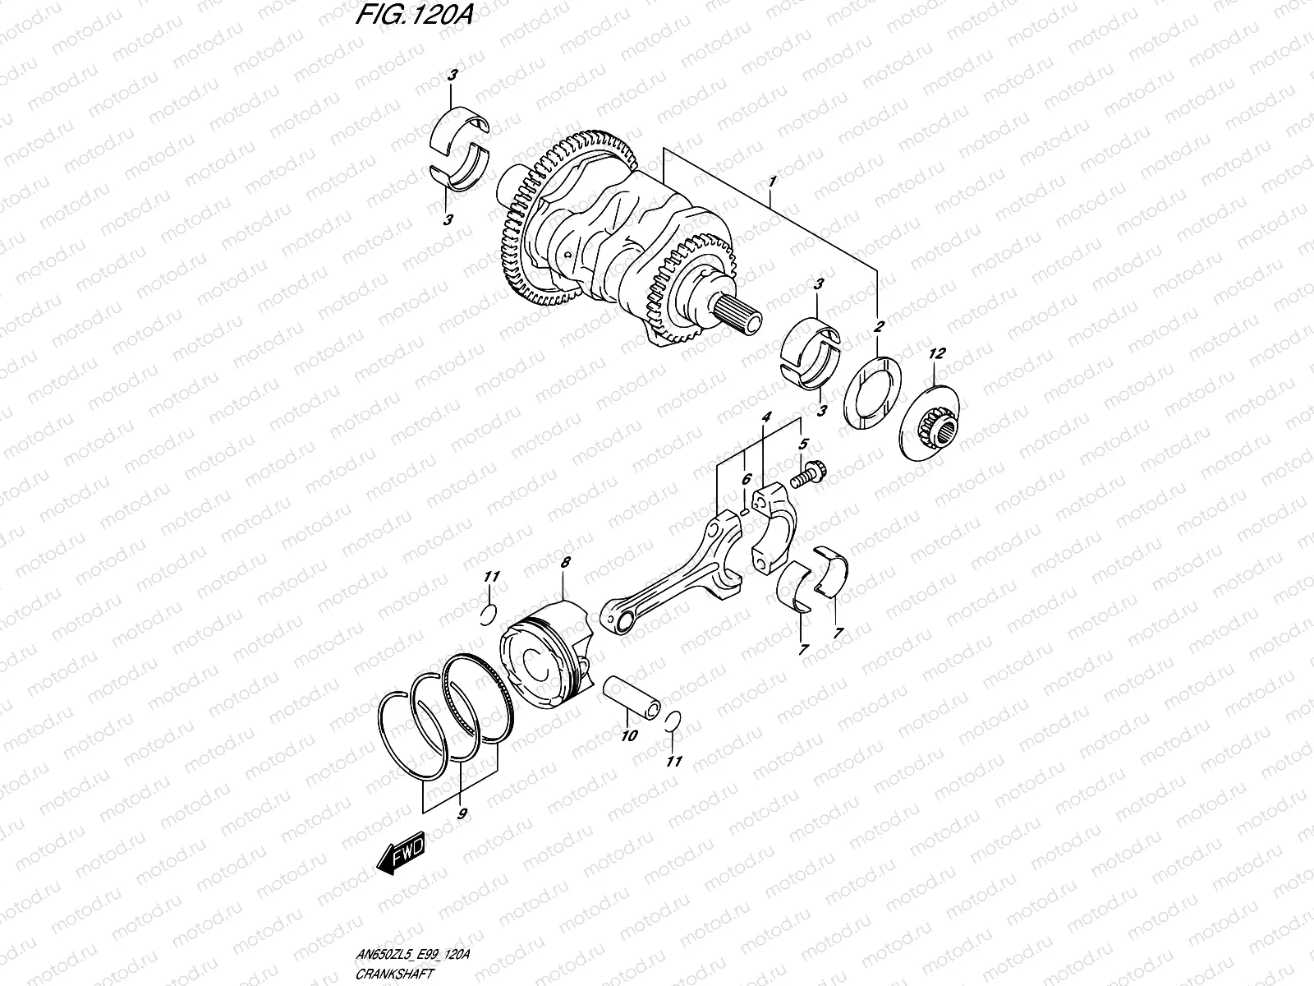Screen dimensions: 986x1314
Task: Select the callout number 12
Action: (937, 353)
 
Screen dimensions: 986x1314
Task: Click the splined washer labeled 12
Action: (936, 424)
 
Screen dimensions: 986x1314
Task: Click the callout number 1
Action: (772, 179)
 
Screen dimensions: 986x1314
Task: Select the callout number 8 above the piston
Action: (564, 563)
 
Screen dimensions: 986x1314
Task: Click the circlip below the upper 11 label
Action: (486, 614)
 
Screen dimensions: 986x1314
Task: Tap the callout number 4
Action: (765, 418)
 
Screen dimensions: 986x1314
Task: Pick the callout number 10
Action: (629, 736)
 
